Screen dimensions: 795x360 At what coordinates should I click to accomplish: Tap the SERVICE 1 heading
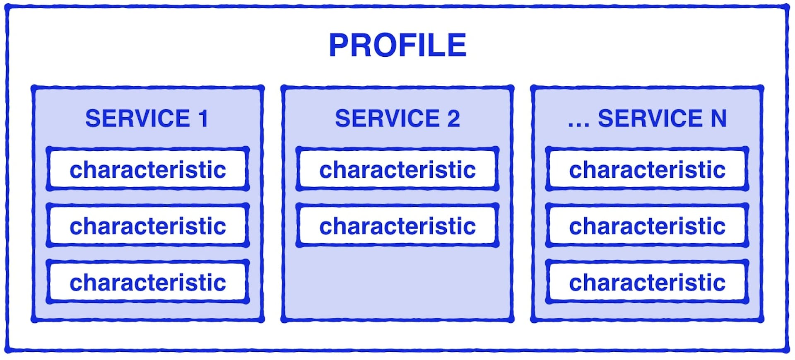click(x=147, y=118)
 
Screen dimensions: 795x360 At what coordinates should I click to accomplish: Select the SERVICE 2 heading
click(x=397, y=118)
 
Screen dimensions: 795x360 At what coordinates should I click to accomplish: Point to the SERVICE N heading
click(x=647, y=118)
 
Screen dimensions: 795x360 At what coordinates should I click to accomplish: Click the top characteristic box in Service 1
click(x=148, y=169)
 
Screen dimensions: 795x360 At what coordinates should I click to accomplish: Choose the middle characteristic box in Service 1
click(x=148, y=225)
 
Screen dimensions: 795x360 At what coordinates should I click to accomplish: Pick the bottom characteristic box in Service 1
click(x=148, y=282)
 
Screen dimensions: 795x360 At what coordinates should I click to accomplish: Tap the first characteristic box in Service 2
click(x=397, y=169)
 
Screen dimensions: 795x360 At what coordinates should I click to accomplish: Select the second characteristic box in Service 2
click(x=397, y=225)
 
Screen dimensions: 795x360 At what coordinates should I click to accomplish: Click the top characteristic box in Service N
click(x=647, y=169)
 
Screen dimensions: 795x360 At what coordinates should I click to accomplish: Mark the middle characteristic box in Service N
click(x=647, y=225)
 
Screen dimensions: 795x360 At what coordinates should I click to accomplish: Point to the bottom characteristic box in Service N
click(x=647, y=282)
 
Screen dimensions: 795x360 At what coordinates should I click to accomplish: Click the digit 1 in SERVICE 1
click(x=203, y=118)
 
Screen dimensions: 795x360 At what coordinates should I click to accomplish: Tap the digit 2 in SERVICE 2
click(x=453, y=118)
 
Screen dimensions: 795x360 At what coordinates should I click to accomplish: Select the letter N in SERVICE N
click(x=719, y=118)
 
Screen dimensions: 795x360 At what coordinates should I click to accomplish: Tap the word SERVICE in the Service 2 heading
click(x=388, y=118)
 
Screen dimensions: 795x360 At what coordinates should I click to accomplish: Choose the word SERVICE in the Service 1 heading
click(x=138, y=118)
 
